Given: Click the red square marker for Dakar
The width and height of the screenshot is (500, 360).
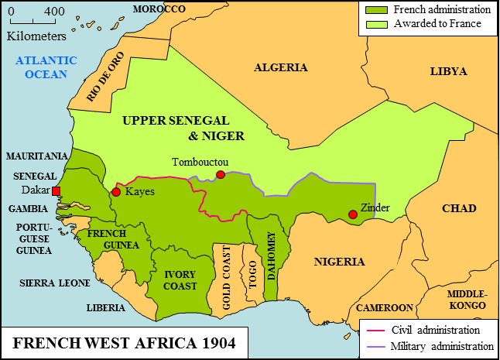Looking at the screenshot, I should coord(56,190).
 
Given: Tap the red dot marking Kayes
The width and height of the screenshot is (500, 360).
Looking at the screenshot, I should coord(116,191).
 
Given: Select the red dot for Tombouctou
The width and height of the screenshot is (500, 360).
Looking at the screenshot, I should coord(221,174).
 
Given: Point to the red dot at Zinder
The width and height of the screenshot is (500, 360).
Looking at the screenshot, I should coord(353,214).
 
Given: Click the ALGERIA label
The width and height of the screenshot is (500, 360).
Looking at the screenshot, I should coord(280,67).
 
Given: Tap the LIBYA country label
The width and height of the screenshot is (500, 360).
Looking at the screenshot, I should coord(448,71).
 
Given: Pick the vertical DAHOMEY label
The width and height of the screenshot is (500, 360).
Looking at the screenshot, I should coord(271,255).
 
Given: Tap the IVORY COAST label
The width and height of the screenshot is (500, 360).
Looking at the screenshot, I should coord(179,279).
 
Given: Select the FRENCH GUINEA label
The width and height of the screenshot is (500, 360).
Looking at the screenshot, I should coord(113,239).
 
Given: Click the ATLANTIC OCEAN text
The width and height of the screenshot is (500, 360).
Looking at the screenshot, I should coord(46,67).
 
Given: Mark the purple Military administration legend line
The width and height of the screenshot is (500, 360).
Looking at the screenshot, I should coord(374,345).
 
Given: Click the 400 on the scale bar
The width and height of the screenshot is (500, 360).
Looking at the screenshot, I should coord(54,12).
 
